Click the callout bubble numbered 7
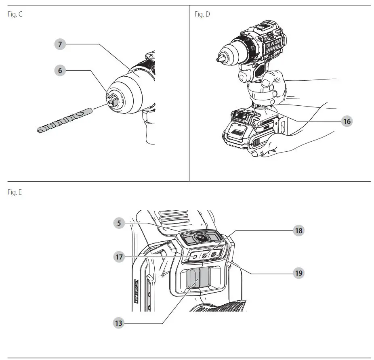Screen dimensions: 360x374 tap(60, 44)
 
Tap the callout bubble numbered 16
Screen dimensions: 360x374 tap(346, 121)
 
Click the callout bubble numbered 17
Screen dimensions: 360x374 tap(118, 257)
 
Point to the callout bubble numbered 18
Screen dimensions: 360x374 tap(298, 230)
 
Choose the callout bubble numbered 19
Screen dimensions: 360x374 tap(298, 273)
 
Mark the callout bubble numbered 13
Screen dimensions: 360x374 tap(118, 323)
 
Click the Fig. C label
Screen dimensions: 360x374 tap(15, 15)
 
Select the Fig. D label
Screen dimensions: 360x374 tap(202, 15)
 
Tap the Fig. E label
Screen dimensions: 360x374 tap(15, 193)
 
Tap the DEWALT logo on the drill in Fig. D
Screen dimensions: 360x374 tap(275, 46)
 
